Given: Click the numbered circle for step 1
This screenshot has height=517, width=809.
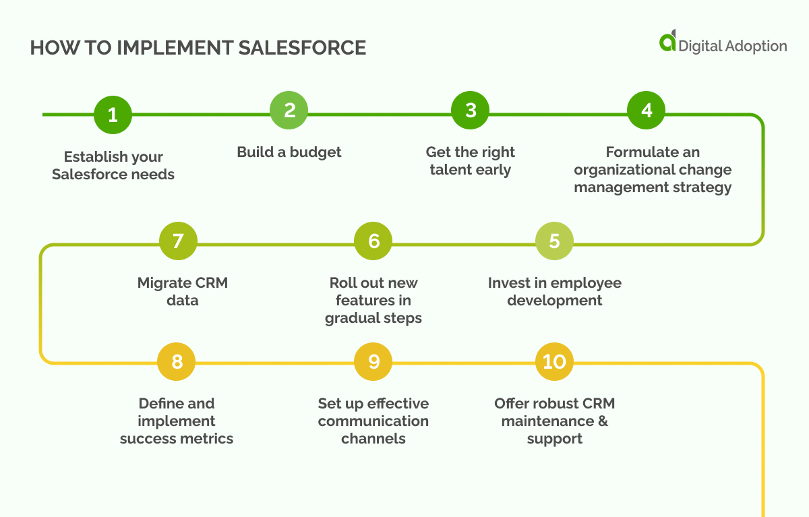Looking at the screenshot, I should tap(113, 115).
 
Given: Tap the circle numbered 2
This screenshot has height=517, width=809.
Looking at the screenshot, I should tap(289, 111).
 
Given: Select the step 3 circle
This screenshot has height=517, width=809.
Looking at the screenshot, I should tap(471, 111).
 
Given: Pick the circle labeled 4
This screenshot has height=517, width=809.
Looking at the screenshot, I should tap(647, 111).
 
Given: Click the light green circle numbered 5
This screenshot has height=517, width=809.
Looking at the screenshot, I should tap(554, 241).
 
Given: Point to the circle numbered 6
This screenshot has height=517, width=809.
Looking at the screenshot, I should tap(373, 241).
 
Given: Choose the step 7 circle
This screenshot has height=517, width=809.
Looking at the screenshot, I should tap(178, 241).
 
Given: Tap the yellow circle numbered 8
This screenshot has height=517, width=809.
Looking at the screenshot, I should tap(177, 362).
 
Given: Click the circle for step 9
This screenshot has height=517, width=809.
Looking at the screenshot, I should tap(373, 362).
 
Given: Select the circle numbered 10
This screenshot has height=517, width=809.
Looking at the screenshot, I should tap(554, 362).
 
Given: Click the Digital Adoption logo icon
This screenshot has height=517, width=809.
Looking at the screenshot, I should tap(667, 41).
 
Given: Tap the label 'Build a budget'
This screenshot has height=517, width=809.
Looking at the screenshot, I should tap(289, 152).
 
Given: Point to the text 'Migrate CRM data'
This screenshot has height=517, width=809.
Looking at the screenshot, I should tap(183, 291).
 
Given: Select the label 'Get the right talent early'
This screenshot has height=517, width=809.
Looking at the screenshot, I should tap(471, 161).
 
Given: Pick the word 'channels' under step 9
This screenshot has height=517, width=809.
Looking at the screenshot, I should tap(373, 439).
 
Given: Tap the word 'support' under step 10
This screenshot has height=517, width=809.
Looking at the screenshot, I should tap(554, 439).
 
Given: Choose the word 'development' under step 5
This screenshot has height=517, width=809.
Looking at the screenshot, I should tap(554, 301).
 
